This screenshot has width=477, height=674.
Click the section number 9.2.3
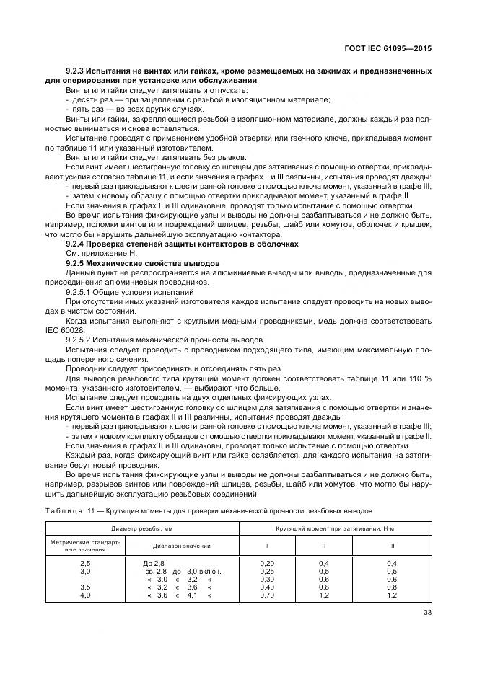point(76,71)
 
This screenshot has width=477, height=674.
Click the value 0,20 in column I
point(266,562)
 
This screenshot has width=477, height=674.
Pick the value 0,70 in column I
point(266,595)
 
